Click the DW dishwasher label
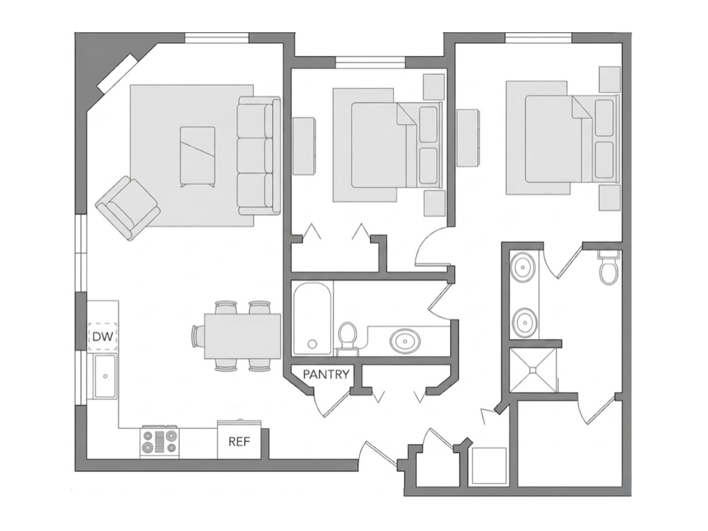pyautogui.click(x=103, y=337)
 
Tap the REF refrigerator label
pyautogui.click(x=239, y=441)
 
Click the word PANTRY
pyautogui.click(x=326, y=374)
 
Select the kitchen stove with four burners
pyautogui.click(x=160, y=442)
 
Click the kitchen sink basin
pyautogui.click(x=105, y=376)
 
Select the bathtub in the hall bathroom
pyautogui.click(x=312, y=319)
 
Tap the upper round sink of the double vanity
pyautogui.click(x=524, y=267)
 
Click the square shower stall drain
pyautogui.click(x=533, y=369)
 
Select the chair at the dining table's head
pyautogui.click(x=198, y=336)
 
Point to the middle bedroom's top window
pyautogui.click(x=370, y=62)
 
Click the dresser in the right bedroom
pyautogui.click(x=468, y=138)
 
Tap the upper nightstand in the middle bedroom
pyautogui.click(x=434, y=87)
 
